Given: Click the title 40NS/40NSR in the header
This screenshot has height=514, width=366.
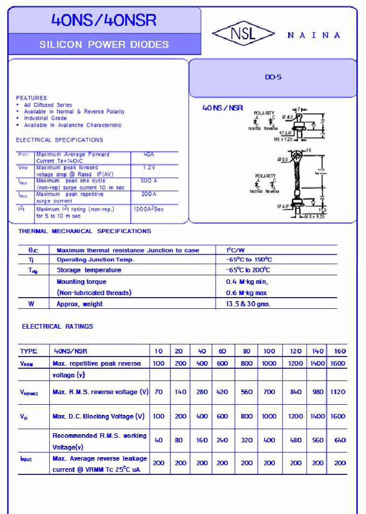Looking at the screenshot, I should click(104, 20).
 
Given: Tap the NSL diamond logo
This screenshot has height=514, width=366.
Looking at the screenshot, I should click(243, 34).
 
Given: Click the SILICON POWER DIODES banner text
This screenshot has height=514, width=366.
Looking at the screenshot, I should click(104, 45).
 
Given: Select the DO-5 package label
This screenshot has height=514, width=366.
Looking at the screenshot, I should click(272, 78).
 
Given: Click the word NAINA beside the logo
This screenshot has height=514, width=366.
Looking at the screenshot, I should click(314, 35).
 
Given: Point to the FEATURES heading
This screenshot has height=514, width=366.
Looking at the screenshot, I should click(31, 98).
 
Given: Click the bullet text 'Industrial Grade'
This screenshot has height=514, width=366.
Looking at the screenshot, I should click(45, 118).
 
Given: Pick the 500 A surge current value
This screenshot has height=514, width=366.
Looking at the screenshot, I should click(148, 181).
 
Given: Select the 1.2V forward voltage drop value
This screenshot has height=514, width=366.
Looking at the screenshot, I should click(148, 167).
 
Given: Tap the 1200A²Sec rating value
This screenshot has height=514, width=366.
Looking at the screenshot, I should click(148, 209).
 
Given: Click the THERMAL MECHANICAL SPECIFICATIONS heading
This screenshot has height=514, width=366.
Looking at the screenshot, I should click(84, 231).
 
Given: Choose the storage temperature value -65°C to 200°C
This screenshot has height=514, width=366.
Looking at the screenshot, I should click(248, 270).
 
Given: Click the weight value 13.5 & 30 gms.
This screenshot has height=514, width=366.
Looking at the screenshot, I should click(248, 304).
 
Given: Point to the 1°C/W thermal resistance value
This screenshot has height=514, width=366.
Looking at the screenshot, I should click(235, 250).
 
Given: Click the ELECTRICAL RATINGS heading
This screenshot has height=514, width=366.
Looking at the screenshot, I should click(57, 327).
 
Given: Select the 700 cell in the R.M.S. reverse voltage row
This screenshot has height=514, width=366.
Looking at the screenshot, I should click(269, 392).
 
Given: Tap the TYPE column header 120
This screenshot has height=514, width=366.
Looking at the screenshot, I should click(295, 351).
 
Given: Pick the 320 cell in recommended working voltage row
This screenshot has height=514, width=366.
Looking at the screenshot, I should click(247, 440).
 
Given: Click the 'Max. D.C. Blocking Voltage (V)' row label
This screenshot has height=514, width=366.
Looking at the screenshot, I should click(99, 416).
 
